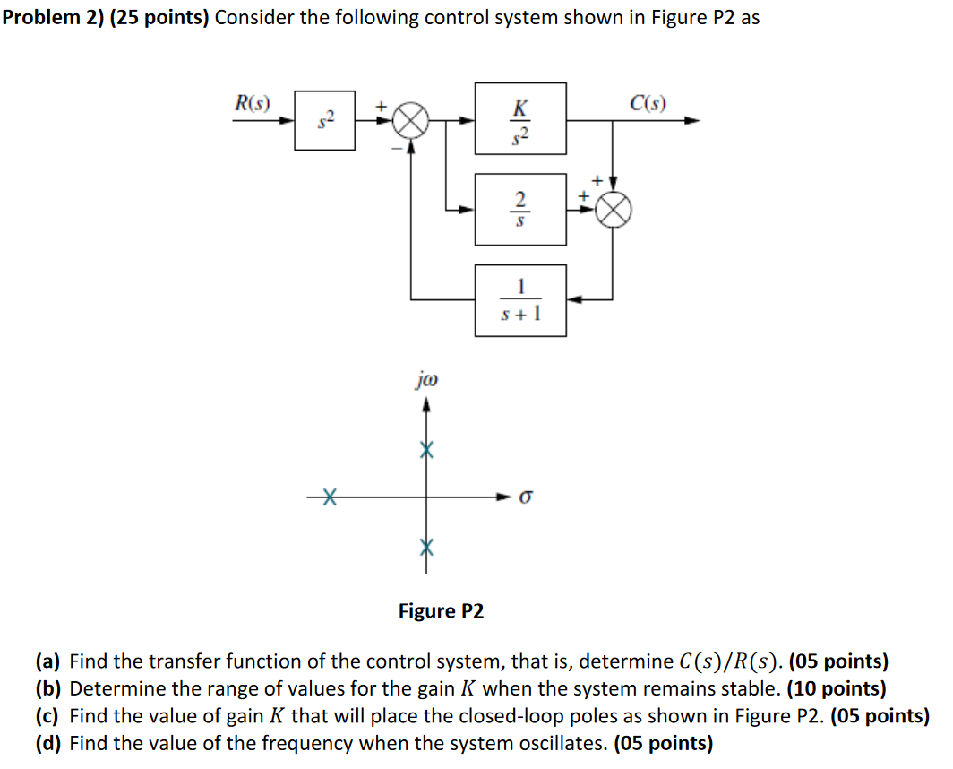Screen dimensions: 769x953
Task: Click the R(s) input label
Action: (253, 101)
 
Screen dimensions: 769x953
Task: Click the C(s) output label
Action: (648, 101)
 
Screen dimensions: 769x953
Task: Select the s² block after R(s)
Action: (325, 120)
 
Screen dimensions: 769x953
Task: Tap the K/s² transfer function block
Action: (520, 119)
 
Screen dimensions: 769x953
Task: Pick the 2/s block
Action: (520, 209)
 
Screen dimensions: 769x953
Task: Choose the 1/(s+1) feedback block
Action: (520, 300)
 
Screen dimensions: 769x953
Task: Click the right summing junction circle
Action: (614, 210)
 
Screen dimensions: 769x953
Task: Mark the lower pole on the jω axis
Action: (427, 546)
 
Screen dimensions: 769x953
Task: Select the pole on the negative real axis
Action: (329, 495)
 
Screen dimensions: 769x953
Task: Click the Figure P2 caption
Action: (441, 611)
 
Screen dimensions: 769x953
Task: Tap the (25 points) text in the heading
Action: (159, 17)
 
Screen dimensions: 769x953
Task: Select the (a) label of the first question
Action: (48, 662)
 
